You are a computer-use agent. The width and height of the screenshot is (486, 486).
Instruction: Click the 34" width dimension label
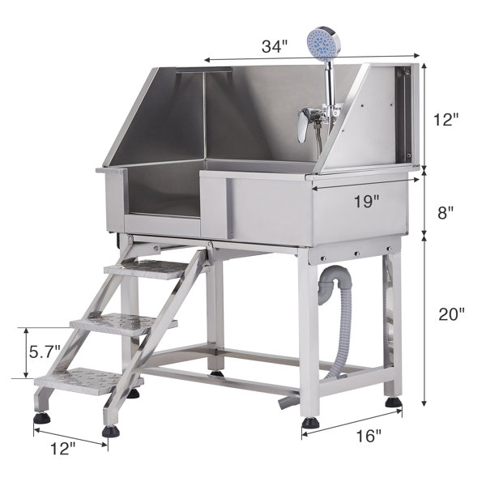click(274, 46)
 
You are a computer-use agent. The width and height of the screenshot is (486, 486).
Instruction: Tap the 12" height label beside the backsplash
click(446, 118)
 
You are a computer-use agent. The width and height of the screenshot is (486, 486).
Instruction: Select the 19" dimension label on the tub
click(366, 202)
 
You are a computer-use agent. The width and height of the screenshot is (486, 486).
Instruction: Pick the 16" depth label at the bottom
click(369, 436)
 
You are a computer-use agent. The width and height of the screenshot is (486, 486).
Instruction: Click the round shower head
click(322, 45)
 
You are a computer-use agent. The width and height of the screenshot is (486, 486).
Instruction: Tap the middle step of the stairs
click(122, 324)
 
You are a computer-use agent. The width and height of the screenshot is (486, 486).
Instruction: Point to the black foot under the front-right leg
click(310, 421)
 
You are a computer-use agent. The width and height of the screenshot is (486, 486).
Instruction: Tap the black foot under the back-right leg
click(393, 401)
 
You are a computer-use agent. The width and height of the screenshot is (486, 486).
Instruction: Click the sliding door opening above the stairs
click(162, 194)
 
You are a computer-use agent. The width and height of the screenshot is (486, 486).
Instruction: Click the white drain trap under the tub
click(330, 283)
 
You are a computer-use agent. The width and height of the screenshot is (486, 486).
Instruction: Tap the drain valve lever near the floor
click(287, 400)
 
